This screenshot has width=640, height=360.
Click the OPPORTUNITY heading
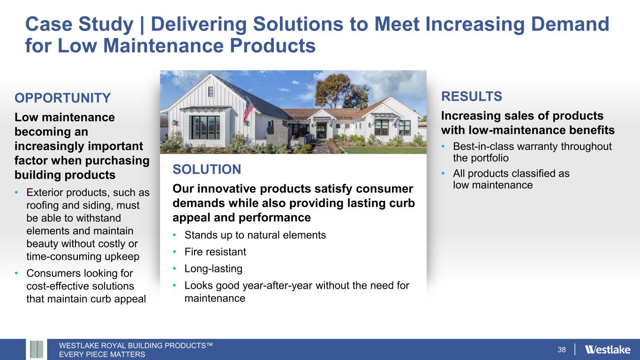[x=62, y=98]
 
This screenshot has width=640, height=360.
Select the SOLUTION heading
[x=207, y=169]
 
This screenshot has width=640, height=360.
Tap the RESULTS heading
[x=471, y=96]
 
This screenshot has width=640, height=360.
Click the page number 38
[x=561, y=350]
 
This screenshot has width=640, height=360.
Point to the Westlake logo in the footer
[x=608, y=350]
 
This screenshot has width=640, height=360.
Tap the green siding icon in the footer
[x=37, y=349]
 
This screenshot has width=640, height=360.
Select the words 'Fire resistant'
[x=215, y=252]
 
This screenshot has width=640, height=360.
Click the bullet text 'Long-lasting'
[x=213, y=269]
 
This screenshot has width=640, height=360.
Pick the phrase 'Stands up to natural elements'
[x=255, y=235]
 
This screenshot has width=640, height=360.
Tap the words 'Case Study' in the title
[x=79, y=24]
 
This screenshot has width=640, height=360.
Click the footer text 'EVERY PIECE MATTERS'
[x=102, y=354]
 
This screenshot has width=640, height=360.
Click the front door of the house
[x=321, y=130]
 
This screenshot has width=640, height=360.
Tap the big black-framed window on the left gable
[x=206, y=127]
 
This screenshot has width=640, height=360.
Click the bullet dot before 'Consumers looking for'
[x=16, y=273]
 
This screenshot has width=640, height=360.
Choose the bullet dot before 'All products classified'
[x=443, y=173]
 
